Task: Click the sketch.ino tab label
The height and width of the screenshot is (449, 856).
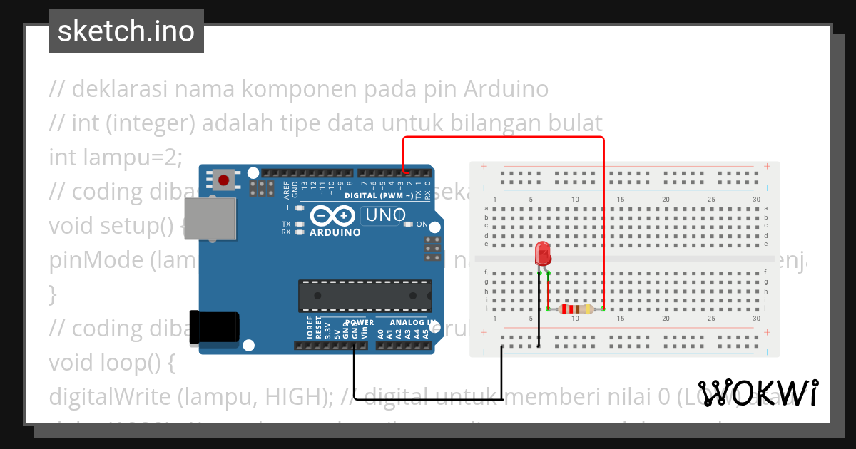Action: pyautogui.click(x=126, y=31)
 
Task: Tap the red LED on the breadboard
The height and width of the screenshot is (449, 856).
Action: pyautogui.click(x=543, y=253)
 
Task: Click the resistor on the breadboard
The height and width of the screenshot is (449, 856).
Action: pyautogui.click(x=576, y=309)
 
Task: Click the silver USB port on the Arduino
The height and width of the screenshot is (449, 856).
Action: pyautogui.click(x=211, y=218)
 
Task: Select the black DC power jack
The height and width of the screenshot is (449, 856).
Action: pyautogui.click(x=213, y=328)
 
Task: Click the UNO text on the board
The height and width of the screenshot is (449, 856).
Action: pyautogui.click(x=385, y=215)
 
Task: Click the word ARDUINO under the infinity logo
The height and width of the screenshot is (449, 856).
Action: pyautogui.click(x=335, y=232)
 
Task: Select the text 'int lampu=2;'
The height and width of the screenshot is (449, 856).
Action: pyautogui.click(x=116, y=157)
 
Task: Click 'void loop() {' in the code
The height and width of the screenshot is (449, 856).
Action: pyautogui.click(x=111, y=363)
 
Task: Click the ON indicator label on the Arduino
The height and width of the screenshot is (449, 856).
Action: pyautogui.click(x=422, y=224)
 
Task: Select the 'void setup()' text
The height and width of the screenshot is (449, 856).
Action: pyautogui.click(x=111, y=226)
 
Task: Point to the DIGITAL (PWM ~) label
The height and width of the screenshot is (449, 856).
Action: pyautogui.click(x=379, y=195)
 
